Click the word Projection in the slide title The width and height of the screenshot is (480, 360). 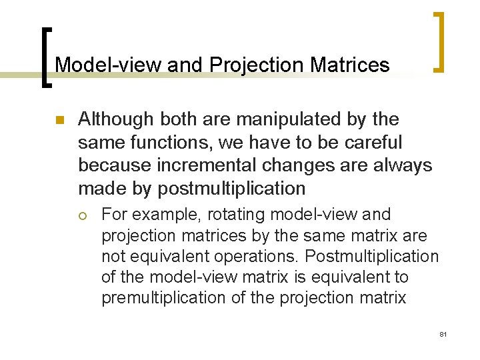[253, 65]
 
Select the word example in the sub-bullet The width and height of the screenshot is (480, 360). [163, 215]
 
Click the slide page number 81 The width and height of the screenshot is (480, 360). [443, 333]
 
